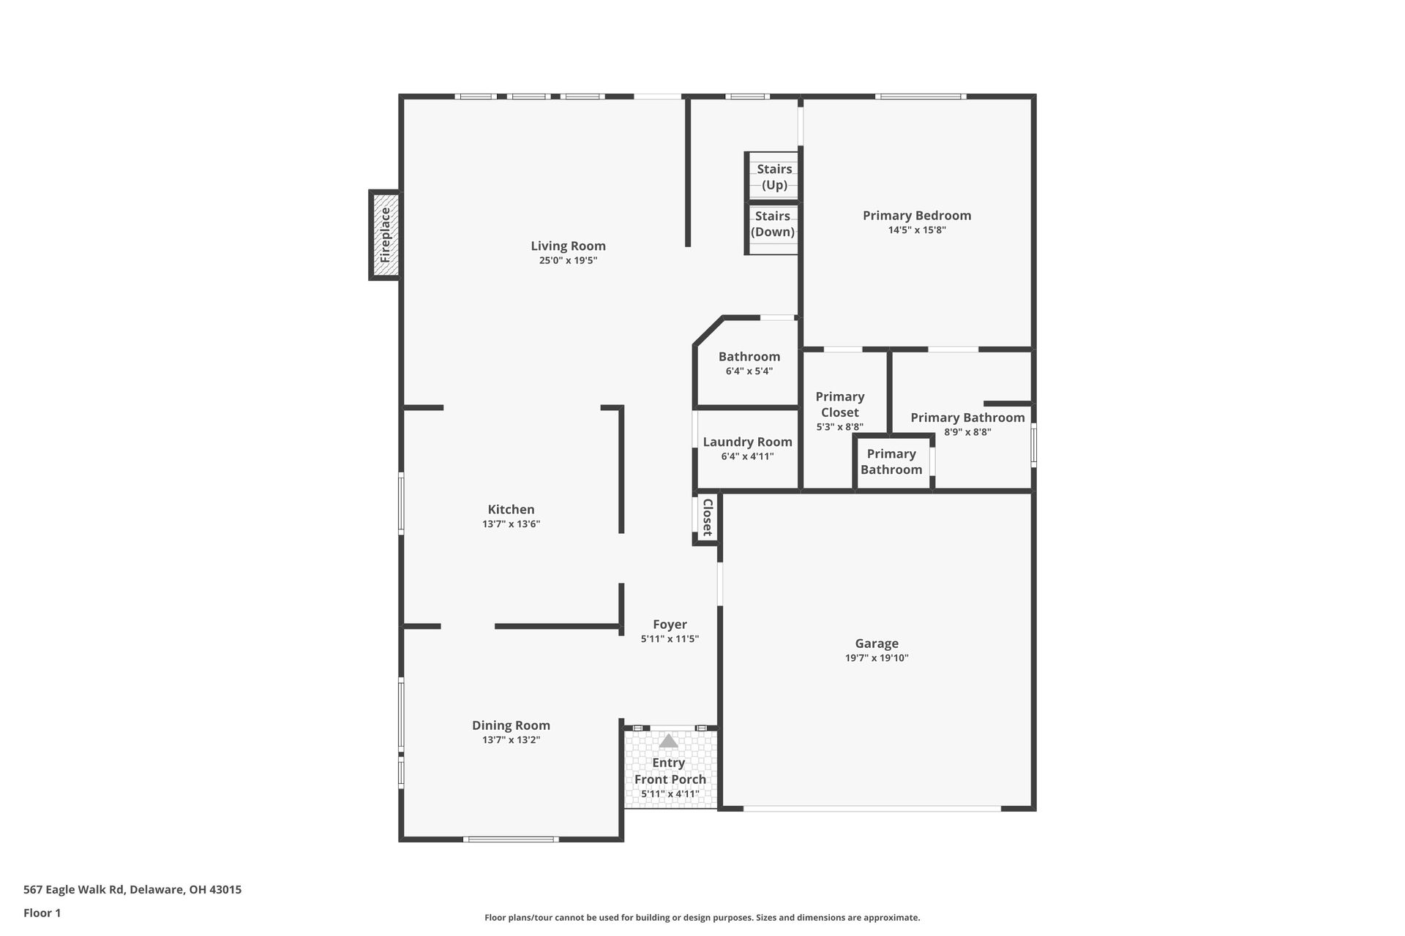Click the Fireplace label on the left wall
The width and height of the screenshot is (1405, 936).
click(x=385, y=235)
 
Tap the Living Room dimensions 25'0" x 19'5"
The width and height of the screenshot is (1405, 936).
click(x=568, y=260)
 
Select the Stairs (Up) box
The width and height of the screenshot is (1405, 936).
click(x=773, y=176)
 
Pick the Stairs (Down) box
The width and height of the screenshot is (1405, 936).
click(x=772, y=224)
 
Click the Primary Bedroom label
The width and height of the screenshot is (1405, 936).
click(x=916, y=216)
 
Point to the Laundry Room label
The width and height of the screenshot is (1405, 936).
click(x=747, y=442)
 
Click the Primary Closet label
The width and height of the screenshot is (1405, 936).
click(x=839, y=404)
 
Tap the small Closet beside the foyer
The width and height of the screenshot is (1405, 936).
click(x=707, y=518)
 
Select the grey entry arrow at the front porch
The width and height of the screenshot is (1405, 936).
click(x=668, y=741)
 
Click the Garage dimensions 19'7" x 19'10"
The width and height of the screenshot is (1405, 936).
click(x=876, y=658)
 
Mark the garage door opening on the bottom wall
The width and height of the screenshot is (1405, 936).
click(x=871, y=808)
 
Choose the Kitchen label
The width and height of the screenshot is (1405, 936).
click(x=511, y=510)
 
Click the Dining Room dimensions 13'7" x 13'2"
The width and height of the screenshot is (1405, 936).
click(x=511, y=740)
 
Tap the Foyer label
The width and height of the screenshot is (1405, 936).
click(x=670, y=624)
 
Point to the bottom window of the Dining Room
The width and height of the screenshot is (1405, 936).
click(x=511, y=839)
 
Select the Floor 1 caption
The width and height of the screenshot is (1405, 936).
click(x=42, y=913)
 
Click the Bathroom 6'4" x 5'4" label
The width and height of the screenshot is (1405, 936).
click(x=749, y=357)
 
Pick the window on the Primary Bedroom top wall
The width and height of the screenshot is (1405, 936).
click(x=920, y=97)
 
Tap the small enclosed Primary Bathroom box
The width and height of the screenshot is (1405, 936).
click(x=891, y=461)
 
